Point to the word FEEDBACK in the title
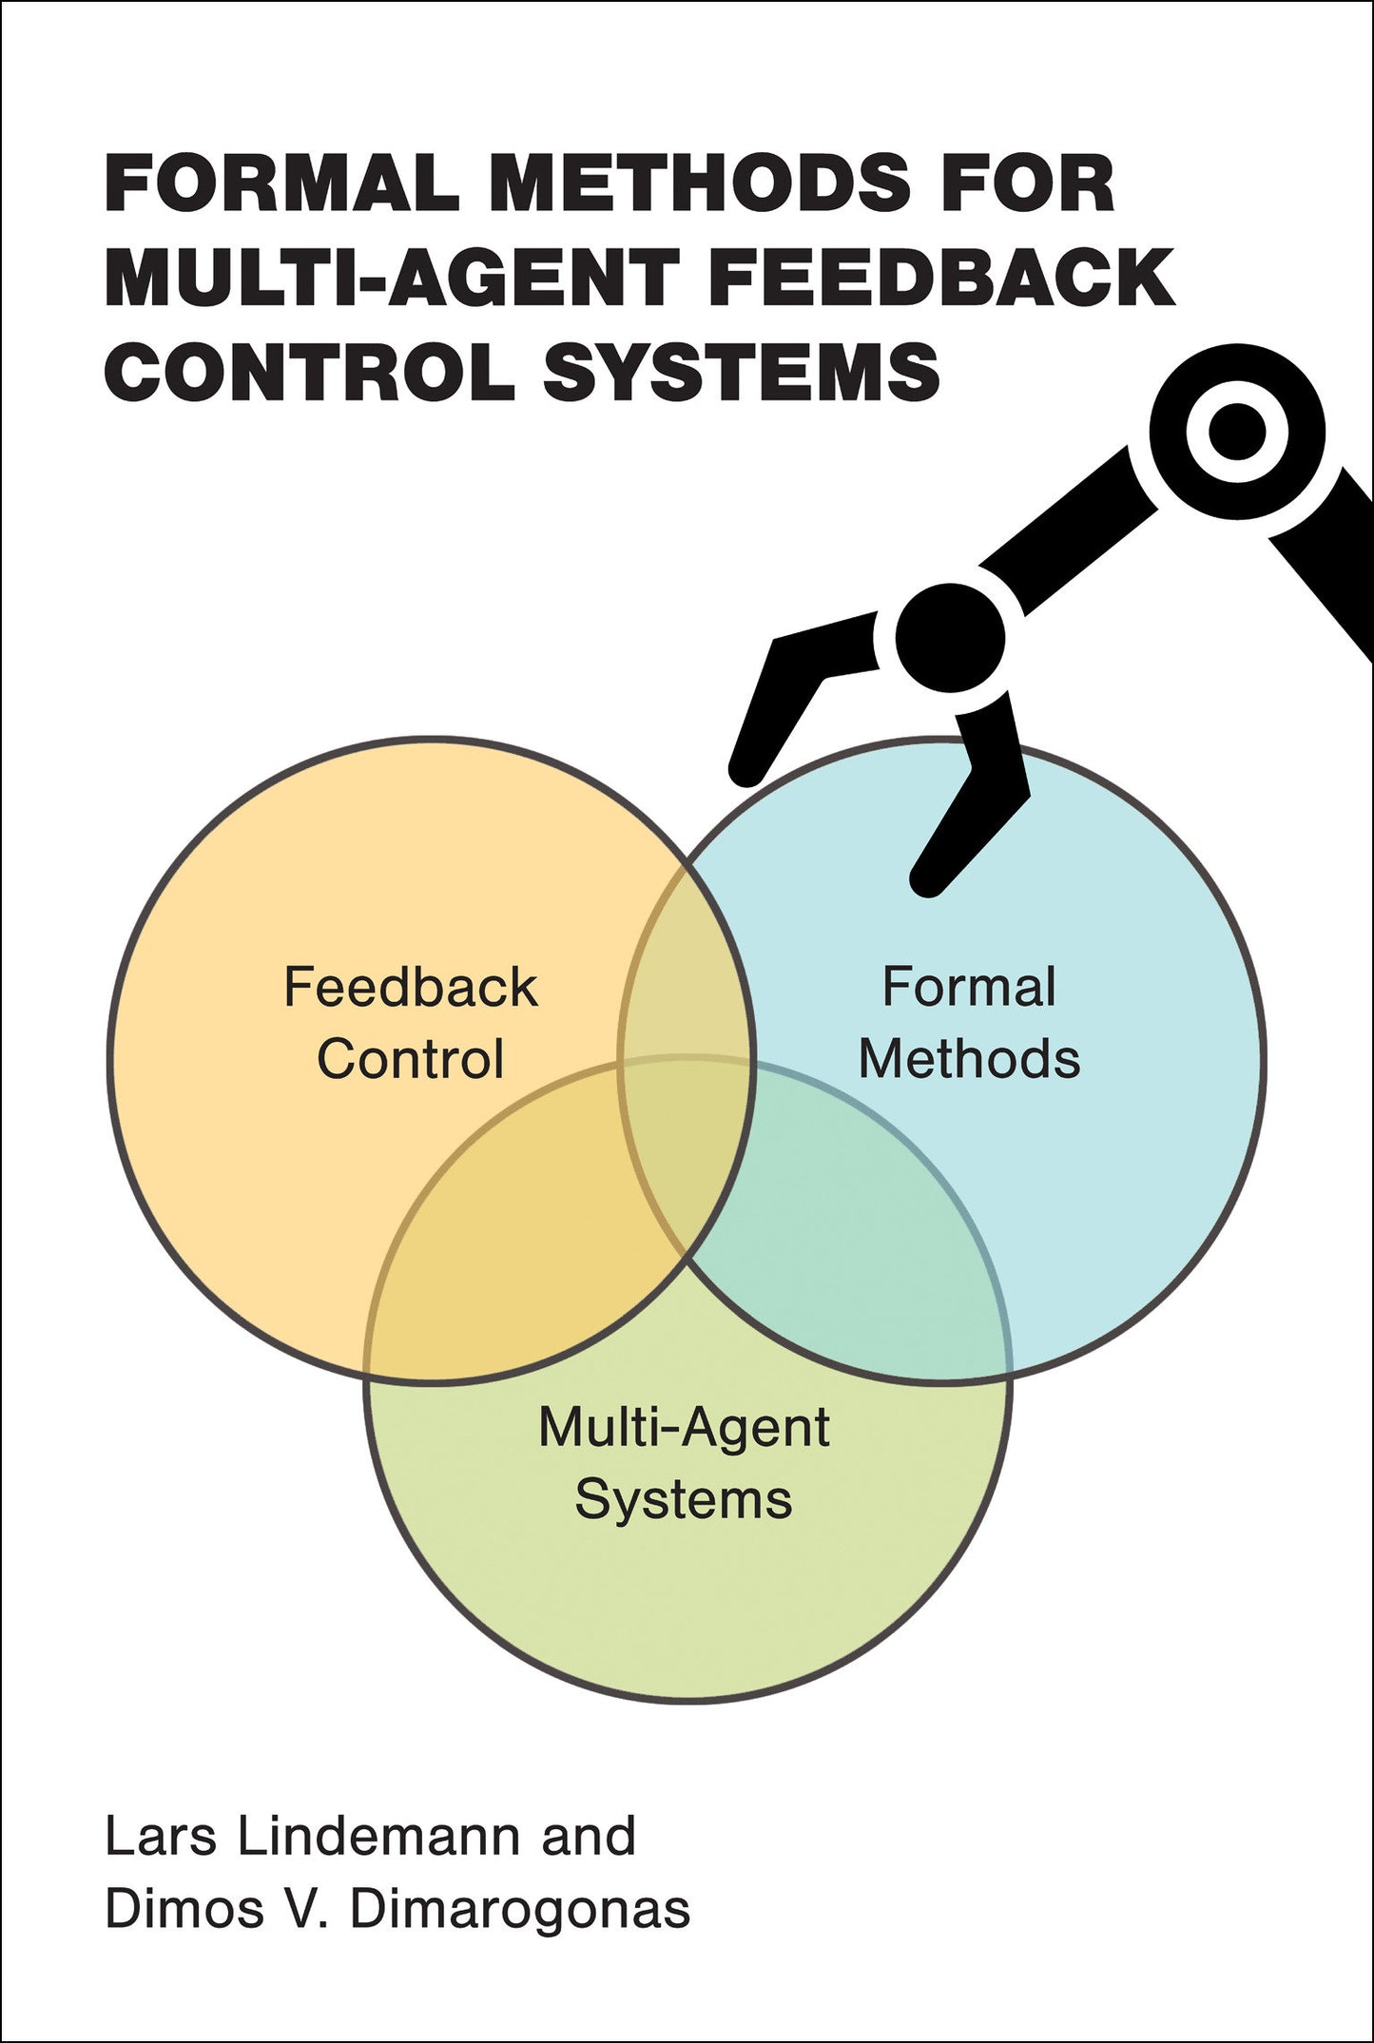941,277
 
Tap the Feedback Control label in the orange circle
411,1023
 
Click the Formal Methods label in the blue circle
969,1023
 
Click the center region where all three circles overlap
687,1141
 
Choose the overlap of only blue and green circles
856,1264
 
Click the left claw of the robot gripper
780,703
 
